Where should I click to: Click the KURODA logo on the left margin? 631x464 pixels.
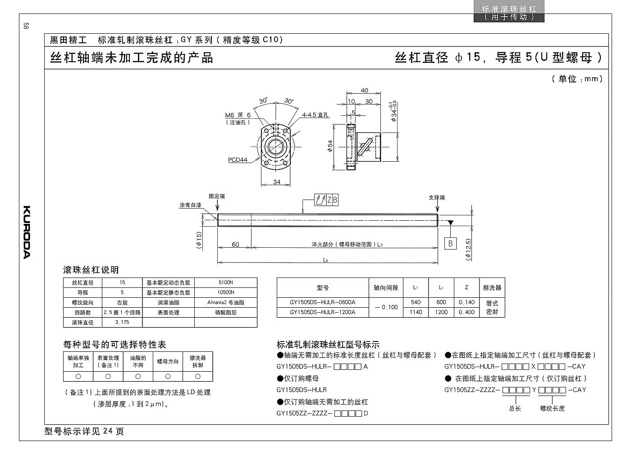pyautogui.click(x=26, y=232)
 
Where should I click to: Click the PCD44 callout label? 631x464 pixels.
pyautogui.click(x=238, y=159)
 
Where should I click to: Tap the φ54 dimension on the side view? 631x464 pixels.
pyautogui.click(x=330, y=146)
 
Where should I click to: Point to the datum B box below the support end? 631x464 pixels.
pyautogui.click(x=450, y=243)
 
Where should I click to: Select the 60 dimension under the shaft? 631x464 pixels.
pyautogui.click(x=235, y=244)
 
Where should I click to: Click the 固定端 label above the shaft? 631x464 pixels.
pyautogui.click(x=217, y=196)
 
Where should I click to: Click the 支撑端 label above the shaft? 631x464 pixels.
pyautogui.click(x=437, y=198)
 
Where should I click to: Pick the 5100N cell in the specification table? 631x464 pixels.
pyautogui.click(x=226, y=282)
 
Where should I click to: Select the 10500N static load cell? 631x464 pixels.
pyautogui.click(x=226, y=292)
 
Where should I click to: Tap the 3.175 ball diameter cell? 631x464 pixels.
pyautogui.click(x=122, y=322)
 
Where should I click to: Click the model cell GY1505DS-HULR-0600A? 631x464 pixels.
pyautogui.click(x=323, y=302)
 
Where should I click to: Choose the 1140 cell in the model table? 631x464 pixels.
pyautogui.click(x=416, y=312)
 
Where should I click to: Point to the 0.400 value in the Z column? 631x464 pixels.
pyautogui.click(x=466, y=312)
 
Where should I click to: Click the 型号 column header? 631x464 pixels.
pyautogui.click(x=323, y=287)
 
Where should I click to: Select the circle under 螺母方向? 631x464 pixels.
pyautogui.click(x=168, y=377)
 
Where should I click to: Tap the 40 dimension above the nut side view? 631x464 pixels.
pyautogui.click(x=364, y=91)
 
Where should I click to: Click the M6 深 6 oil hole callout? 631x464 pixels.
pyautogui.click(x=238, y=115)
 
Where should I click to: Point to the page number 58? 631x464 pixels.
pyautogui.click(x=26, y=26)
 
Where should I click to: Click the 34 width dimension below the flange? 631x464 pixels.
pyautogui.click(x=277, y=182)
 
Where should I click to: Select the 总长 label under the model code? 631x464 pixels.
pyautogui.click(x=515, y=409)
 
